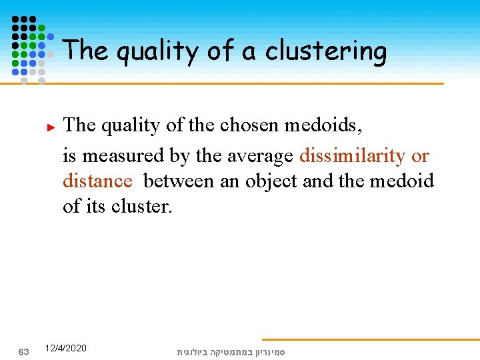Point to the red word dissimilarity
tap(352, 155)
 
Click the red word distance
tap(97, 181)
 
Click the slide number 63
tap(23, 351)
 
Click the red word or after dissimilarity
tap(420, 155)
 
